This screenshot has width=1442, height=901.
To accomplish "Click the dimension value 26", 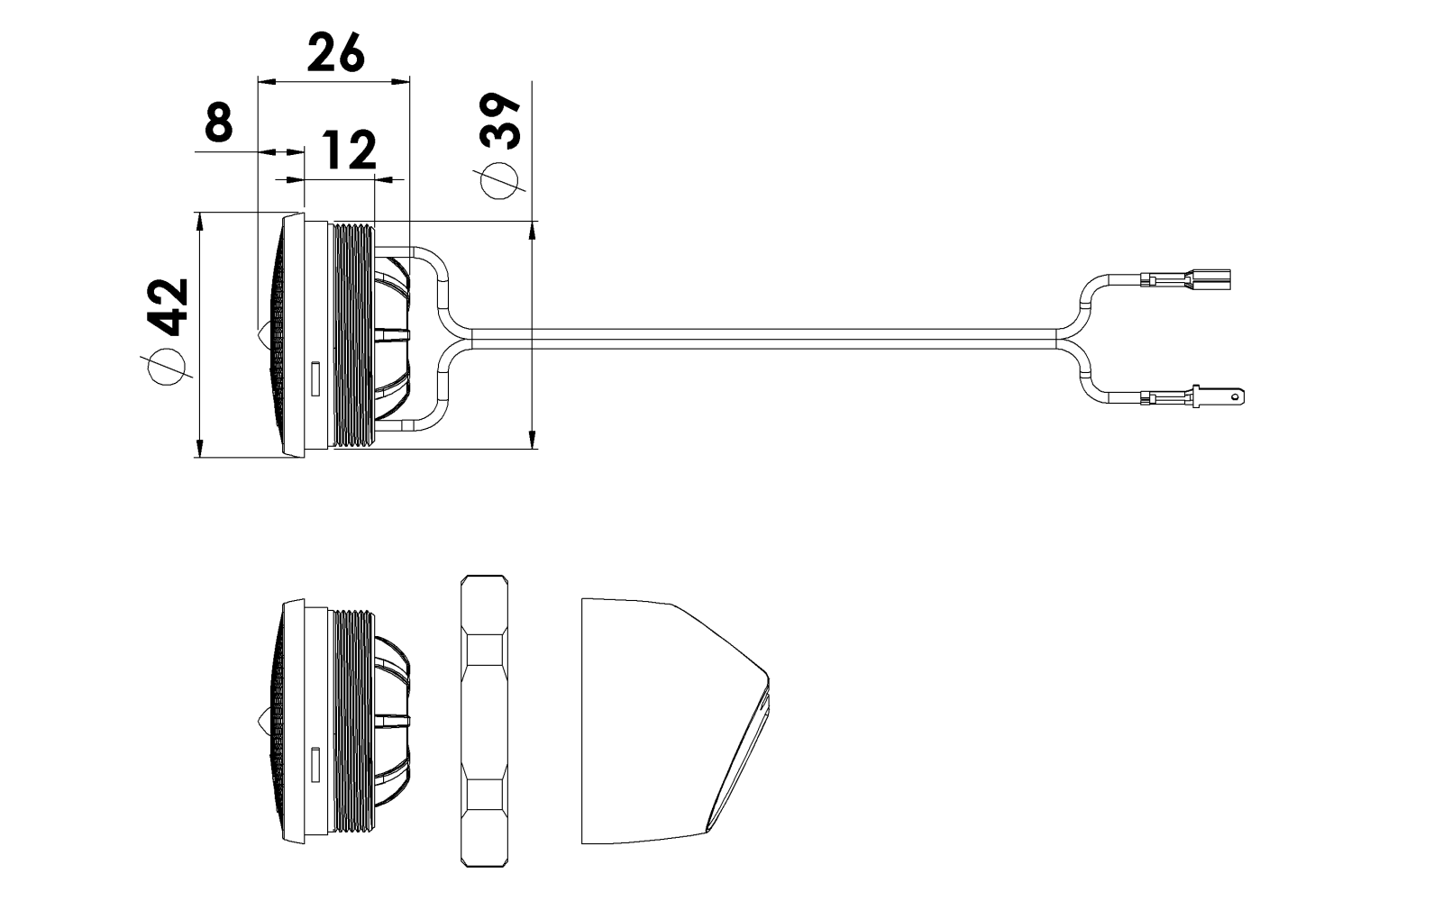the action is (336, 53).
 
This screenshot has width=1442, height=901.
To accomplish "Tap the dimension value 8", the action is (219, 123).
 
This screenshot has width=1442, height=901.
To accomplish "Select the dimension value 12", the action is (348, 150).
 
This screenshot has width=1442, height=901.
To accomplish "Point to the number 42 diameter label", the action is (169, 307).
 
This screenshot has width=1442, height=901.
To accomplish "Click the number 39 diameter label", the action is (500, 121).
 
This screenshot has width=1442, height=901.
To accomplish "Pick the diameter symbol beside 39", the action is (499, 181).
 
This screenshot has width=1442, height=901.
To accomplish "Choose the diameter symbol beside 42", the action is (167, 367).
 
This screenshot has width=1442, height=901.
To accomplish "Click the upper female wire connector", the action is (1185, 280).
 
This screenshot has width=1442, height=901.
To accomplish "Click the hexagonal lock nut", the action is (485, 722).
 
